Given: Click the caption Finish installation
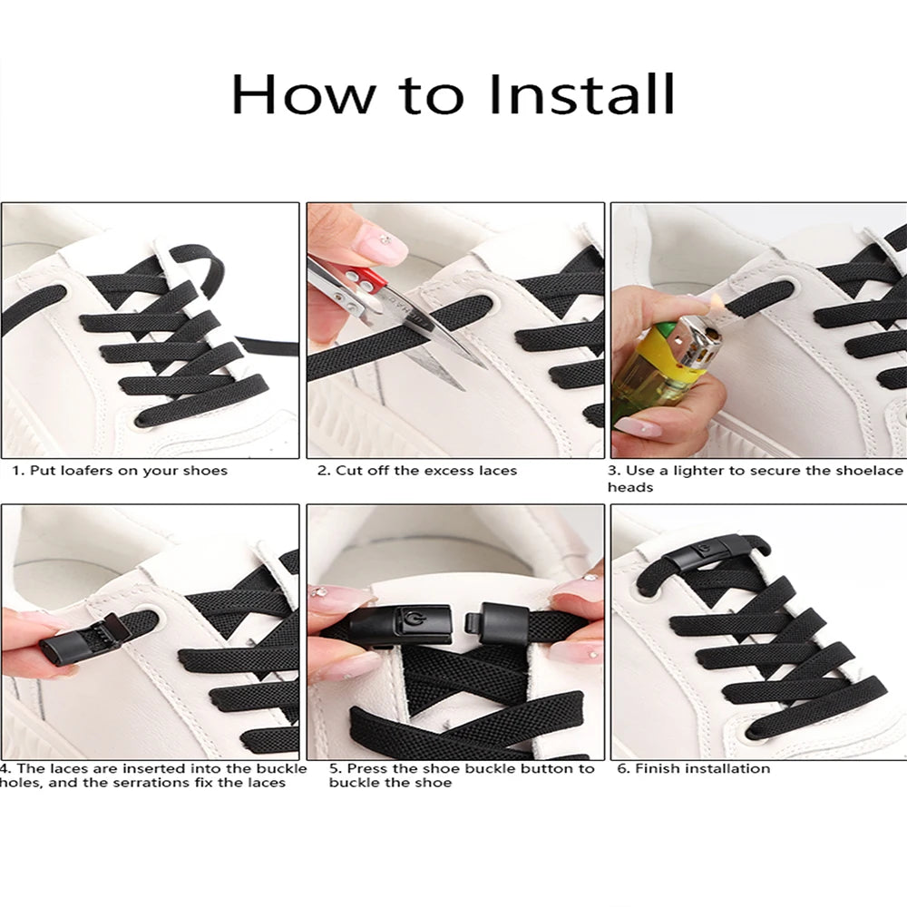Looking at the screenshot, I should [694, 768].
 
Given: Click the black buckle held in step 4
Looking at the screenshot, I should [77, 640].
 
